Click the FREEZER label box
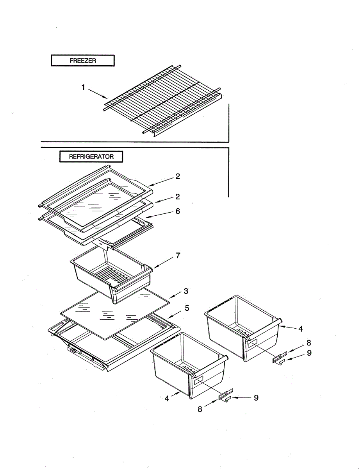click(83, 61)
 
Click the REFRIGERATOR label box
click(91, 157)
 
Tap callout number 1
click(83, 88)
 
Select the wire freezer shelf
click(162, 100)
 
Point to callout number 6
click(178, 211)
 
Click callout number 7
click(178, 256)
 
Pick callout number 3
click(186, 291)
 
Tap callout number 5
click(187, 308)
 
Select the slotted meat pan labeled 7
click(111, 274)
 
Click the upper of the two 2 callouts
click(178, 176)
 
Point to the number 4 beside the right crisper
click(300, 329)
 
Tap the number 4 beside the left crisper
click(167, 399)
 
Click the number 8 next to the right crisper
click(309, 343)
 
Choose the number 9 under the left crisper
click(256, 398)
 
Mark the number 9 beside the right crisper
click(309, 353)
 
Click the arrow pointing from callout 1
click(98, 93)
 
